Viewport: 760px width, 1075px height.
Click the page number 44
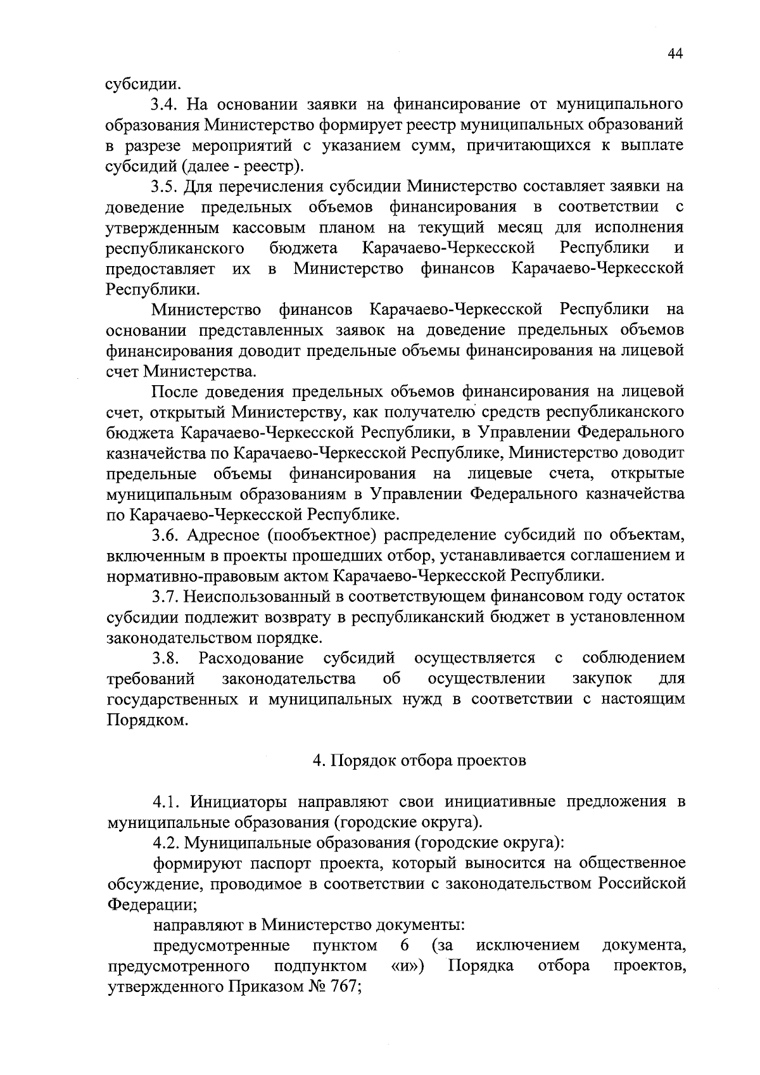click(x=675, y=55)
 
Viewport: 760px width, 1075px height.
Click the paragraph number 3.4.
click(x=166, y=104)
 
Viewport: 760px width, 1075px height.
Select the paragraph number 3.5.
click(x=166, y=186)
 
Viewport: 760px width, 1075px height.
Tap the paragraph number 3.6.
click(x=166, y=535)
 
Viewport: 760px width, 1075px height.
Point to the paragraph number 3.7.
click(x=166, y=597)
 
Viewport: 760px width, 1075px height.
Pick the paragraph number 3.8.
click(x=166, y=659)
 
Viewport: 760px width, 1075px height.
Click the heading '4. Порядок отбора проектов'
click(x=419, y=761)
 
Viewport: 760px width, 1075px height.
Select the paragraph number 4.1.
click(x=166, y=803)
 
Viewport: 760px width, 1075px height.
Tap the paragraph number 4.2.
click(x=166, y=844)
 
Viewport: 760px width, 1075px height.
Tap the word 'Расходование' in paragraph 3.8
click(x=251, y=659)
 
